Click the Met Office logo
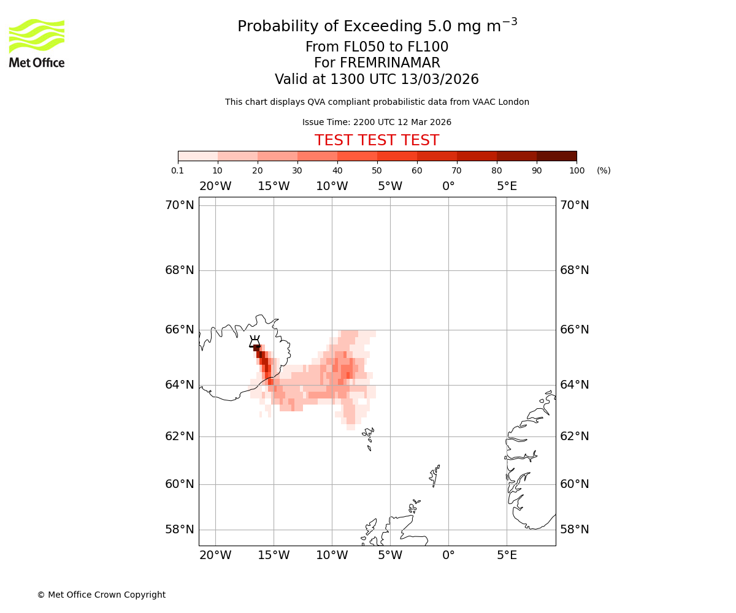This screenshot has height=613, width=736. click(x=37, y=43)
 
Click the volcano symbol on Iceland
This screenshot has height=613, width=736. click(x=255, y=341)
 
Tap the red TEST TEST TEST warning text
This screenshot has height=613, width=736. click(x=377, y=140)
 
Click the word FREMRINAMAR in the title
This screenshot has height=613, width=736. click(x=377, y=63)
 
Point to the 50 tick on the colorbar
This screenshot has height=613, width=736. click(x=377, y=161)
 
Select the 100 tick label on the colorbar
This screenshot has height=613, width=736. click(x=577, y=170)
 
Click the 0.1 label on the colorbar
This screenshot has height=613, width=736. click(x=178, y=170)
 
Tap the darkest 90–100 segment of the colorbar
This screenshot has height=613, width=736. click(x=556, y=156)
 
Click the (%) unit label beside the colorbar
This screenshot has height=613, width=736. click(x=604, y=170)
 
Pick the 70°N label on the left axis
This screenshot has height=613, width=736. click(x=179, y=205)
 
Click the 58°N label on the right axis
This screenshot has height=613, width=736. click(x=574, y=530)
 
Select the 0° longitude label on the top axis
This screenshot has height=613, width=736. click(x=448, y=186)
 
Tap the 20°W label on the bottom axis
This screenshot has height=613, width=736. click(x=215, y=555)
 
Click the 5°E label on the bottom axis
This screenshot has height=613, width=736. click(x=507, y=555)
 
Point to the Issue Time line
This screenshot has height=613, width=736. click(x=377, y=123)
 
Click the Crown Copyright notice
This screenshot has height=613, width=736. click(x=101, y=595)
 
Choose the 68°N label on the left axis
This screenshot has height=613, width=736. click(x=179, y=270)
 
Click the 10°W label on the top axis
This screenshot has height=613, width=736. click(x=332, y=186)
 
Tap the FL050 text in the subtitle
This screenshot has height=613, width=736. click(x=356, y=47)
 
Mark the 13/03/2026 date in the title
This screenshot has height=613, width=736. click(x=440, y=80)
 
